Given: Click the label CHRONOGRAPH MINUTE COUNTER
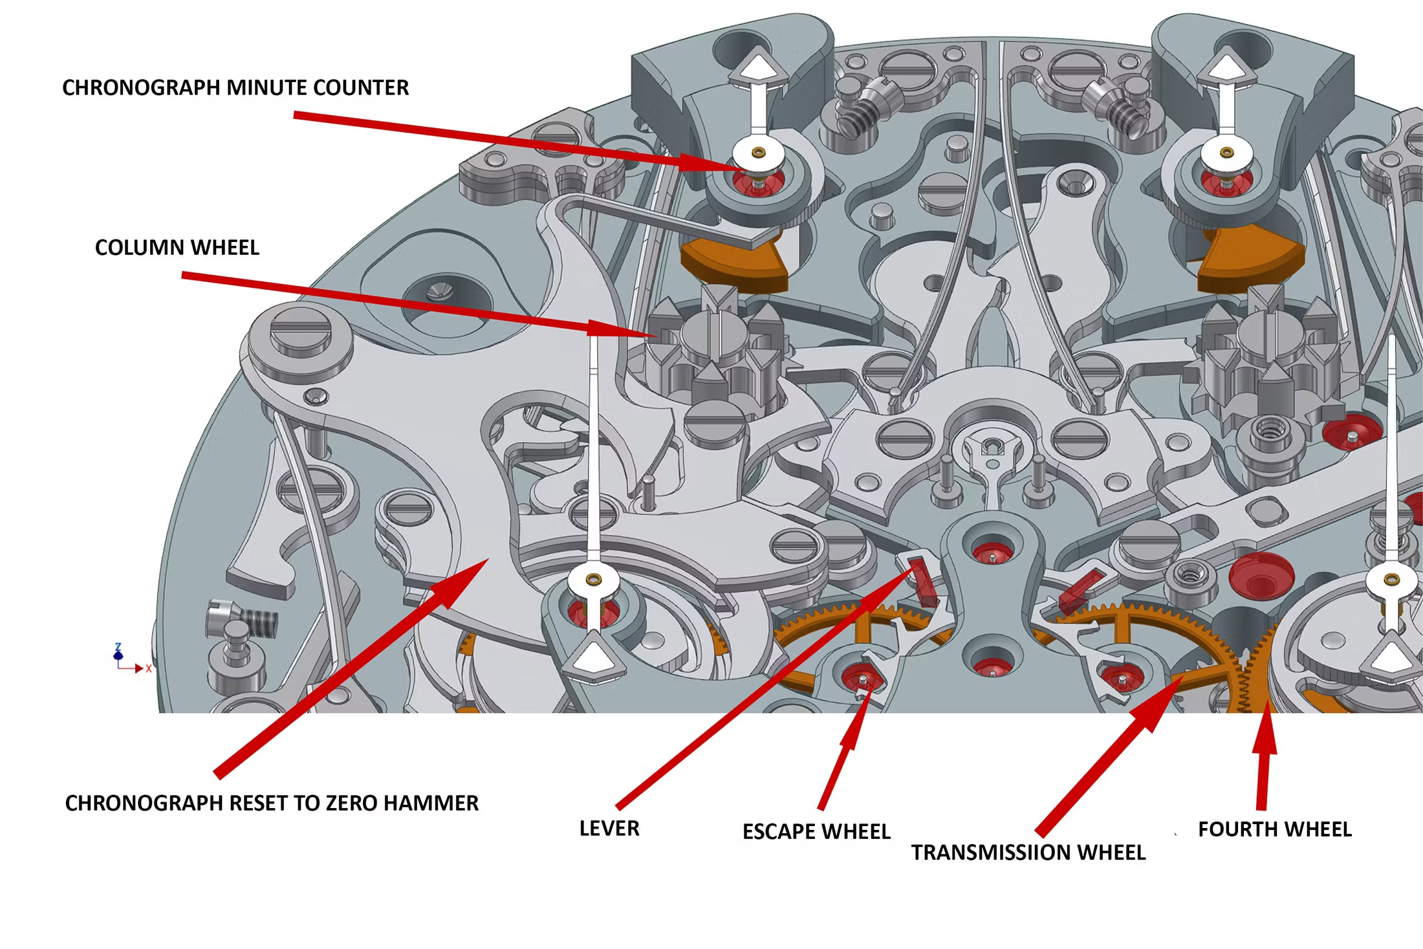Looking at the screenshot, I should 235,88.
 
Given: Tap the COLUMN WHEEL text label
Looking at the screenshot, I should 177,248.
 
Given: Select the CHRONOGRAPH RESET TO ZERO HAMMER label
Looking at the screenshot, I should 272,803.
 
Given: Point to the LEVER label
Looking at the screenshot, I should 609,829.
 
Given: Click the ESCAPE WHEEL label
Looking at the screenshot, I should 816,832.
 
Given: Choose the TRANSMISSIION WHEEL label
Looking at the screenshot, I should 1028,853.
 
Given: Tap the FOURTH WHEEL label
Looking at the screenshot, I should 1274,829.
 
